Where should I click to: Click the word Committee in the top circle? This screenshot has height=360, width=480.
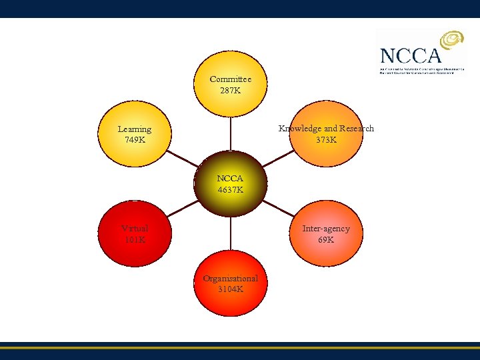(230, 79)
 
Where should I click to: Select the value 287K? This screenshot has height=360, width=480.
(230, 90)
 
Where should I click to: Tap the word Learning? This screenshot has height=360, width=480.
(134, 129)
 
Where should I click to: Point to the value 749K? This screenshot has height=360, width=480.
(134, 140)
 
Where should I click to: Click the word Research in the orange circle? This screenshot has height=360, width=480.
(356, 129)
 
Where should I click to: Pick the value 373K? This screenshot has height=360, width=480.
(326, 140)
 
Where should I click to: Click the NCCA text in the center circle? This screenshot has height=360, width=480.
(230, 179)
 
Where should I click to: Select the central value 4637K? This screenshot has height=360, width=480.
(230, 190)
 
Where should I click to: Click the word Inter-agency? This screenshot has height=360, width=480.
(325, 229)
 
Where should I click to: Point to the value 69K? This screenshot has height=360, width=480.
(325, 239)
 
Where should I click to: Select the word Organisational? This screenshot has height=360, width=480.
(230, 279)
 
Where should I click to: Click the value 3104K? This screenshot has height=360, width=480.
(230, 289)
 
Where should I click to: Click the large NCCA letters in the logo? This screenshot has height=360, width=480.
(409, 55)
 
